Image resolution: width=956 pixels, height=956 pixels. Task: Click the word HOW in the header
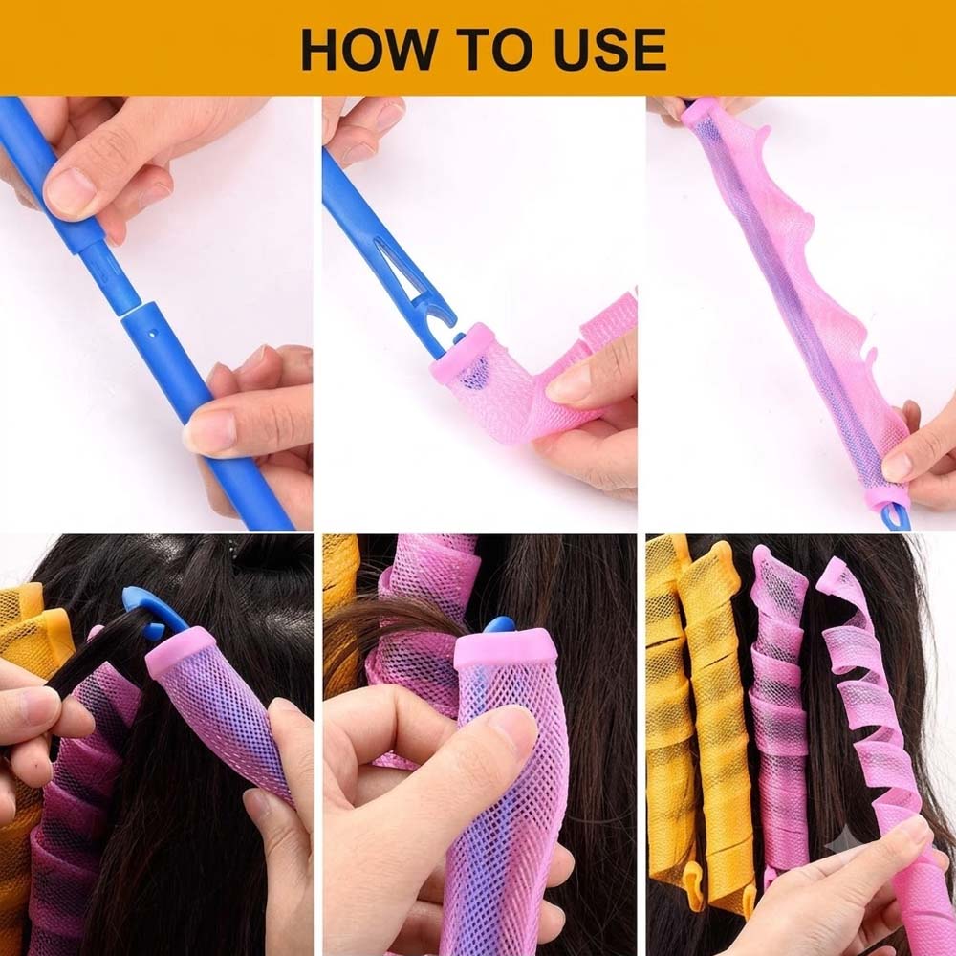click(x=370, y=50)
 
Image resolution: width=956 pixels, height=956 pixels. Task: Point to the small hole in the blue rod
click(x=154, y=333)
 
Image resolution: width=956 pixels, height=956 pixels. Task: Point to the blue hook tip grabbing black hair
click(x=145, y=603)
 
